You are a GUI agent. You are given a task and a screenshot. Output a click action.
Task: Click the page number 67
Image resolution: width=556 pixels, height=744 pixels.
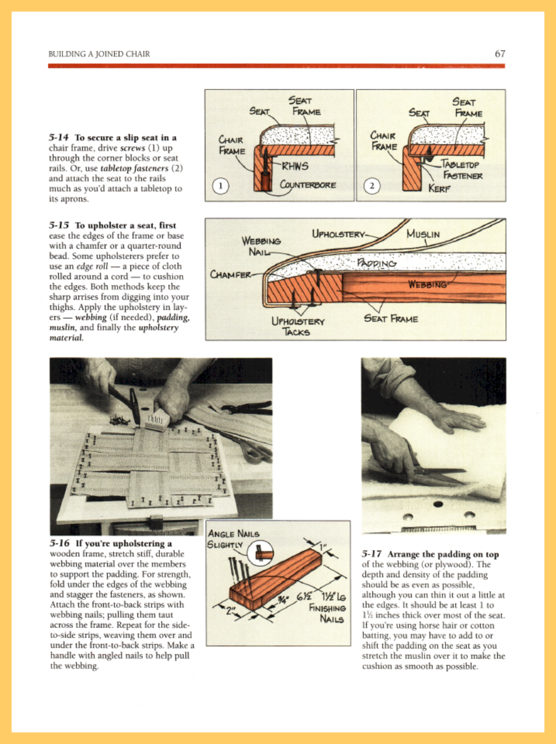pyautogui.click(x=499, y=54)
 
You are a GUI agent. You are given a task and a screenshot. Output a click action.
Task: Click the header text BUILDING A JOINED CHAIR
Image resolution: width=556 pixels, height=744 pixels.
pyautogui.click(x=99, y=54)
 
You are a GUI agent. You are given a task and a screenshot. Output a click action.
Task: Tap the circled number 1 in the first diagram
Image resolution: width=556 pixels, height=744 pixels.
pyautogui.click(x=220, y=186)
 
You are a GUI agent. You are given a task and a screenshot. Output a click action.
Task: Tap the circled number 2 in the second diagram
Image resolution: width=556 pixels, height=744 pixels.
pyautogui.click(x=371, y=186)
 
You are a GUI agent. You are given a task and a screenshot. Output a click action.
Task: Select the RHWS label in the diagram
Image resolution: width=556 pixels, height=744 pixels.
pyautogui.click(x=295, y=166)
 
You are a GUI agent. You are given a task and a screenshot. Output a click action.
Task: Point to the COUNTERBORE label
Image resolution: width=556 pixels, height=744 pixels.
pyautogui.click(x=308, y=185)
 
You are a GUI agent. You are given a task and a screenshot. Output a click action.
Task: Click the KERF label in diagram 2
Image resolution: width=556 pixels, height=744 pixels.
pyautogui.click(x=439, y=189)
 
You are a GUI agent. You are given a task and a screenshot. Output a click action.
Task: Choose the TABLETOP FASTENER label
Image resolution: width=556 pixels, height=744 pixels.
pyautogui.click(x=461, y=170)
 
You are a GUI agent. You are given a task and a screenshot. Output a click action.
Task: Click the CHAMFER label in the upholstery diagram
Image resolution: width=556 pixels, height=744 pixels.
pyautogui.click(x=230, y=275)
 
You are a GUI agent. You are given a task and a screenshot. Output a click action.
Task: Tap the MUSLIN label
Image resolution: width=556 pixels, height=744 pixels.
pyautogui.click(x=423, y=234)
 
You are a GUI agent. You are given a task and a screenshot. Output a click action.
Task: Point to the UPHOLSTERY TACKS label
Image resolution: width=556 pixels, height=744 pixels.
pyautogui.click(x=297, y=327)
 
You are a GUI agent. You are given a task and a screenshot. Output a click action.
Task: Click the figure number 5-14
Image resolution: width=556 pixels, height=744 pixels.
pyautogui.click(x=59, y=138)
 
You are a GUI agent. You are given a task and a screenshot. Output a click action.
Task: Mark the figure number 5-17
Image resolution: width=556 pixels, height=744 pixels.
pyautogui.click(x=371, y=554)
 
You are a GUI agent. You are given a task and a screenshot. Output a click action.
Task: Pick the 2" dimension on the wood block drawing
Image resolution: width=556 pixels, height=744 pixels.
pyautogui.click(x=230, y=611)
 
